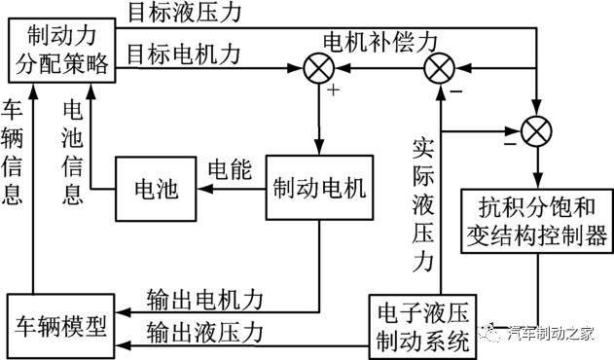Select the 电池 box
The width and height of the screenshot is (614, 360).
(x=155, y=189)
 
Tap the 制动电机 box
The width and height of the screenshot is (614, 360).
(x=319, y=189)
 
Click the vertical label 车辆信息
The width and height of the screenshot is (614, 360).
(x=13, y=150)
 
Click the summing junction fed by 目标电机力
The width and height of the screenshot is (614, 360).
(x=318, y=70)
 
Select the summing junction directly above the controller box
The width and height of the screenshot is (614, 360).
(x=535, y=128)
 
